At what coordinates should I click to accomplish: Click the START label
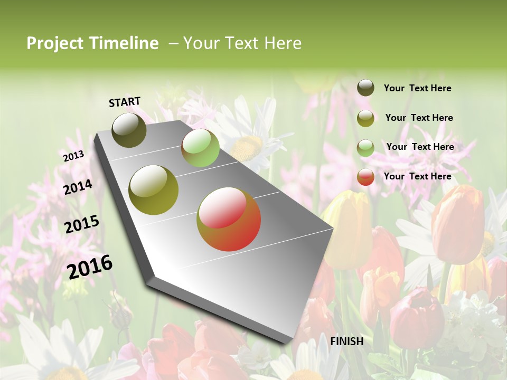tap(125, 102)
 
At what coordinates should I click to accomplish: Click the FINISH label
tap(347, 341)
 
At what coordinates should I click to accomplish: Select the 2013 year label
tap(73, 156)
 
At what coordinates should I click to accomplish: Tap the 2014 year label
tap(78, 187)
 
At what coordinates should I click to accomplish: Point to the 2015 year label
tap(82, 224)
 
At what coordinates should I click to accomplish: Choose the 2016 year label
tap(90, 267)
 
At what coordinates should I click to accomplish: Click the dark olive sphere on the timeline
tap(129, 130)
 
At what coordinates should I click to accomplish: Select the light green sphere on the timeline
tap(200, 148)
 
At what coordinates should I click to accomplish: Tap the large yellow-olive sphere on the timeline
tap(154, 190)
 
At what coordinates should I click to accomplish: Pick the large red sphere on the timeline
tap(229, 219)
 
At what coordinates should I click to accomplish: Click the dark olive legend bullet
tap(365, 88)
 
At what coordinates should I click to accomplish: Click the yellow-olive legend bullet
tap(365, 118)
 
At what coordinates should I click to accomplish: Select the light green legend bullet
tap(365, 147)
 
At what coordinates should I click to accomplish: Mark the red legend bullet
tap(365, 177)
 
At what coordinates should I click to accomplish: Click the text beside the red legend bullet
tap(417, 176)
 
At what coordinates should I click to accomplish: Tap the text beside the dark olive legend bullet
tap(417, 88)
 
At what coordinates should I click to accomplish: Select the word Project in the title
tap(55, 43)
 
